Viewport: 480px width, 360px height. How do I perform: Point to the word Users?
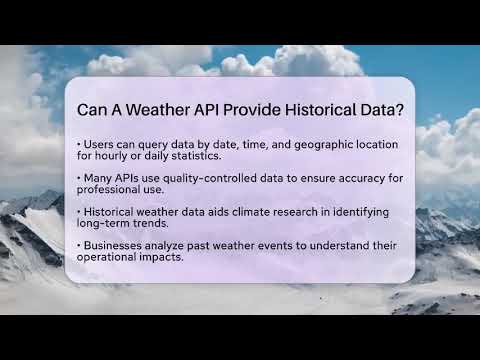click(100, 144)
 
